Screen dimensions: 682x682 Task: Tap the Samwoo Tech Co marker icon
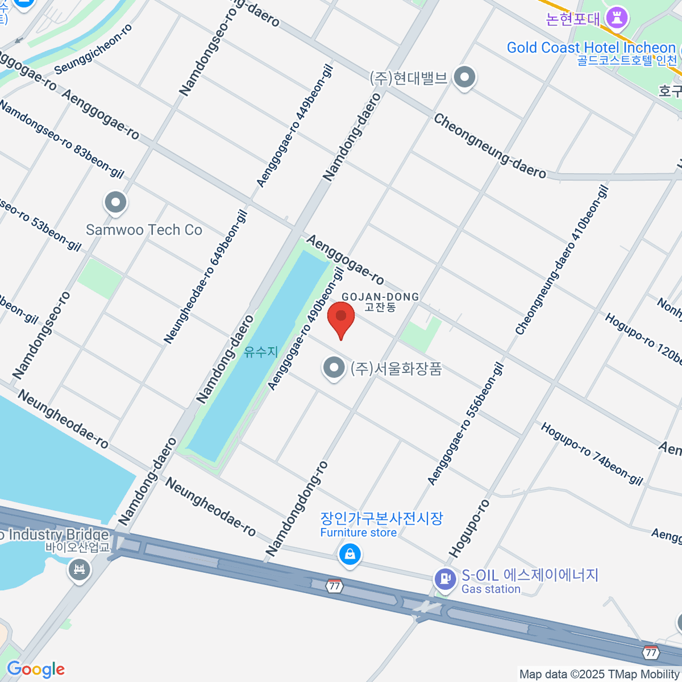[115, 203]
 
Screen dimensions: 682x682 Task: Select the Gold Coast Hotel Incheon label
[591, 48]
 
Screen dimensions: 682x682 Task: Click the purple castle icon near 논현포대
[616, 18]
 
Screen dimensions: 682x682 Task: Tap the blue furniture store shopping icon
[350, 554]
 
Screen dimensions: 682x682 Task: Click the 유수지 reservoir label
[261, 352]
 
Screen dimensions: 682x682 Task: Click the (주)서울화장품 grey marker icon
[334, 368]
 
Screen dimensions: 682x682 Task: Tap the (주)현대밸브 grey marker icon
[465, 77]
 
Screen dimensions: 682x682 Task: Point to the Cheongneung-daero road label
[490, 146]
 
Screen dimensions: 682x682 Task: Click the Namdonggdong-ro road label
[297, 509]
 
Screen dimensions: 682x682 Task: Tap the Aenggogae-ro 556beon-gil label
[465, 425]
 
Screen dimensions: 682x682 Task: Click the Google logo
[35, 669]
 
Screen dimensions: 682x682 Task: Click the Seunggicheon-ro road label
[94, 49]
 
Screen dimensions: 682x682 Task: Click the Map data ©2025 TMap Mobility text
[600, 674]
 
